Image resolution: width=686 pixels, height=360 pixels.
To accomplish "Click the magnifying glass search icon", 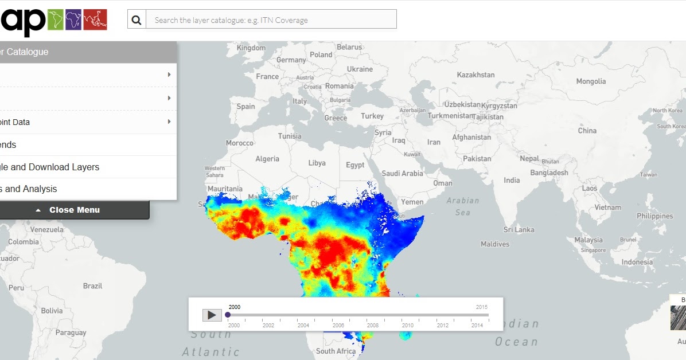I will [x=137, y=20].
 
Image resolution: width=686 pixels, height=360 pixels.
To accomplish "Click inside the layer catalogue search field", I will [x=271, y=20].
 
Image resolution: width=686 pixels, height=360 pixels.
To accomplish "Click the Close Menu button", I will [x=75, y=210].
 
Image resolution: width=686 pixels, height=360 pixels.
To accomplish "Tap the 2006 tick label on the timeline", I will [x=338, y=326].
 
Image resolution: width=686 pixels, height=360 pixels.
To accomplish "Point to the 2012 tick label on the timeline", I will [x=443, y=326].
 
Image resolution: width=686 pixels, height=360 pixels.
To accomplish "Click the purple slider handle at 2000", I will [x=228, y=315].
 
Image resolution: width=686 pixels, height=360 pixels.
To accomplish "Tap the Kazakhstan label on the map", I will [x=475, y=75].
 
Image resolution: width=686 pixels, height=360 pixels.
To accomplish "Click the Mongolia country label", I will [x=591, y=81].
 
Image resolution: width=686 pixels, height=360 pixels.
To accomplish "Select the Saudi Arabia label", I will [x=402, y=173].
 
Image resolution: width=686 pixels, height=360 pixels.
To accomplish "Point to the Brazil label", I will [x=92, y=285].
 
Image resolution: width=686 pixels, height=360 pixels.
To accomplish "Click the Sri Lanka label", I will [x=519, y=229].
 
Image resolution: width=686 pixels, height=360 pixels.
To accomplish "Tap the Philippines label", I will [x=654, y=216].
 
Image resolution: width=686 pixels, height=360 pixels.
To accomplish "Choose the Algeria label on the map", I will [x=267, y=159].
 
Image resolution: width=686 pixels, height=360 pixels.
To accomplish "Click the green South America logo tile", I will [x=56, y=19].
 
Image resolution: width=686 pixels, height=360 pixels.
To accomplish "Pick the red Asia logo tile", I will [x=95, y=19].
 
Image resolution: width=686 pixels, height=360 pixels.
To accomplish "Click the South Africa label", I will [x=336, y=351].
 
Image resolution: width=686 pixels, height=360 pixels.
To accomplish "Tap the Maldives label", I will [x=495, y=244].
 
